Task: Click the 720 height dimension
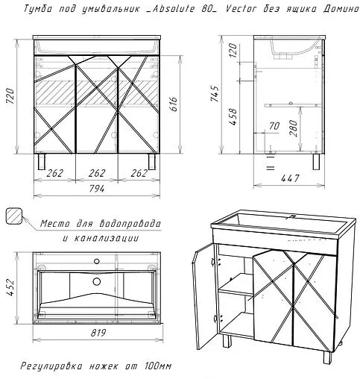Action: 10,95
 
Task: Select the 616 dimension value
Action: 174,104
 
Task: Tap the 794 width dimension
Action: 97,189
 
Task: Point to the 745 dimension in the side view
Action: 215,94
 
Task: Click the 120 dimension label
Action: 233,50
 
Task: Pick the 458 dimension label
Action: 233,117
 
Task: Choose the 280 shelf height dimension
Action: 293,128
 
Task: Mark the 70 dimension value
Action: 274,126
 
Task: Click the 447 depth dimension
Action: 290,178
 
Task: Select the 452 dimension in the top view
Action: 10,287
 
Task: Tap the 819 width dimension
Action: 98,333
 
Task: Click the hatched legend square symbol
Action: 14,216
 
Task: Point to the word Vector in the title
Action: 241,9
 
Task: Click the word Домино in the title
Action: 341,9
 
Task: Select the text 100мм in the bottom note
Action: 158,366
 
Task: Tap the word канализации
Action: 107,238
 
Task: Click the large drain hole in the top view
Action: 97,281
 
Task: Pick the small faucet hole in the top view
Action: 97,261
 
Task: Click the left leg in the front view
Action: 42,162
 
